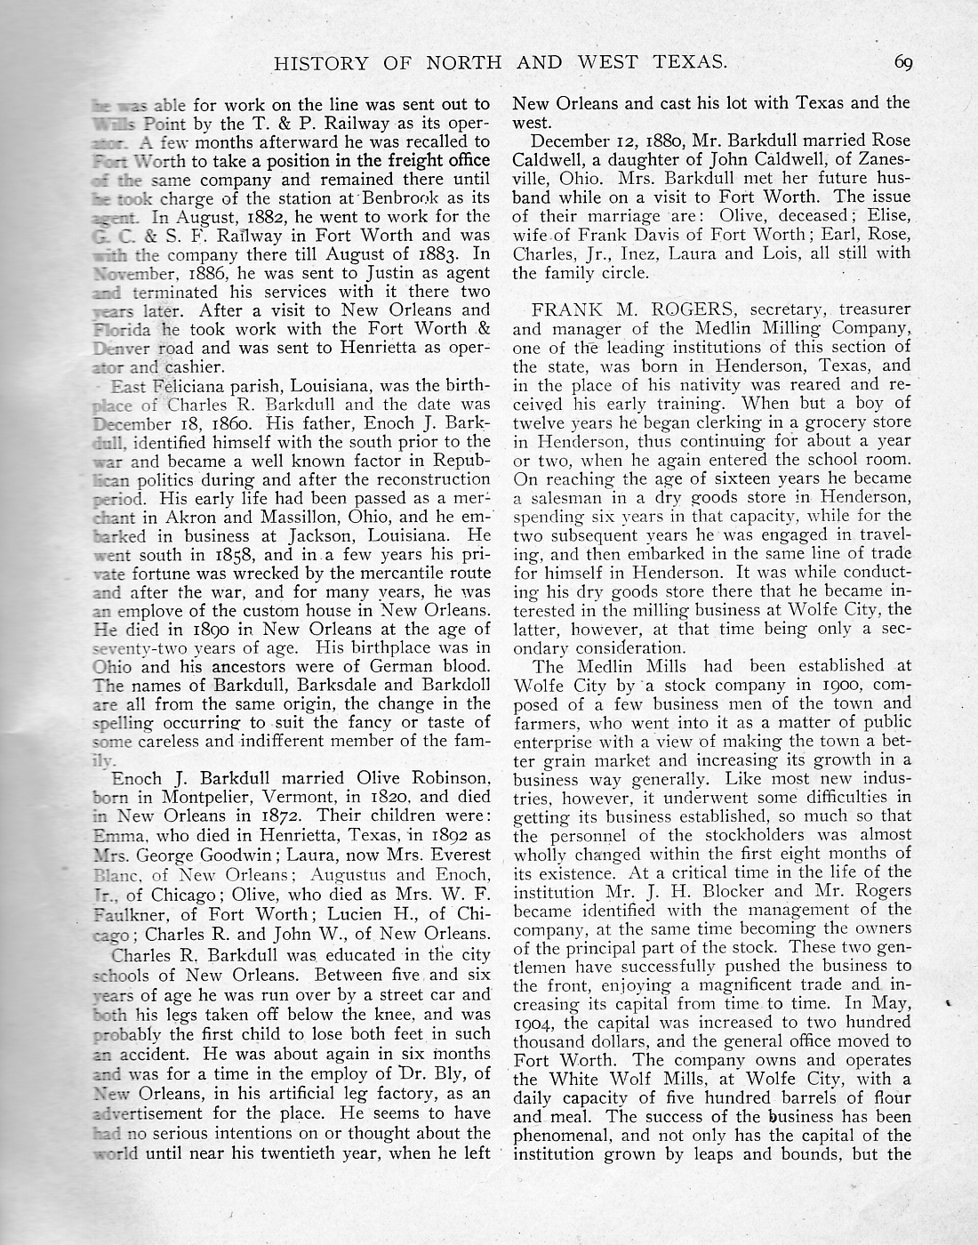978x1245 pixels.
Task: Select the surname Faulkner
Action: pyautogui.click(x=129, y=915)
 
